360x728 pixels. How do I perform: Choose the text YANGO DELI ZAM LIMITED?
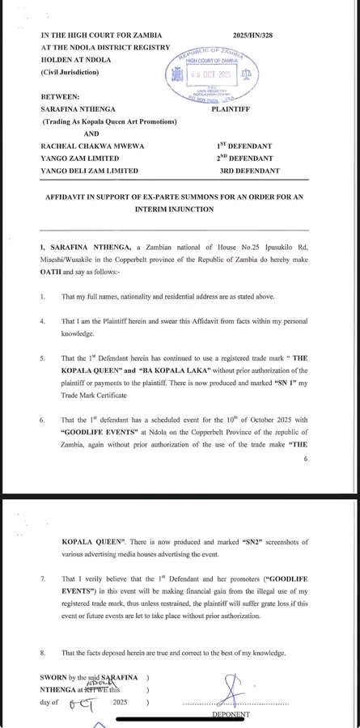tap(89, 171)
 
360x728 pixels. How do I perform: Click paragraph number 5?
tap(42, 358)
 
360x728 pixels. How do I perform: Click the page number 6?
tap(305, 459)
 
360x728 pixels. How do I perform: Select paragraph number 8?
tap(42, 651)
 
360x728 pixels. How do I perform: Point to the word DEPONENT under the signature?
tap(231, 714)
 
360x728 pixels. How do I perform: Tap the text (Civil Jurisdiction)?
tap(70, 74)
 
